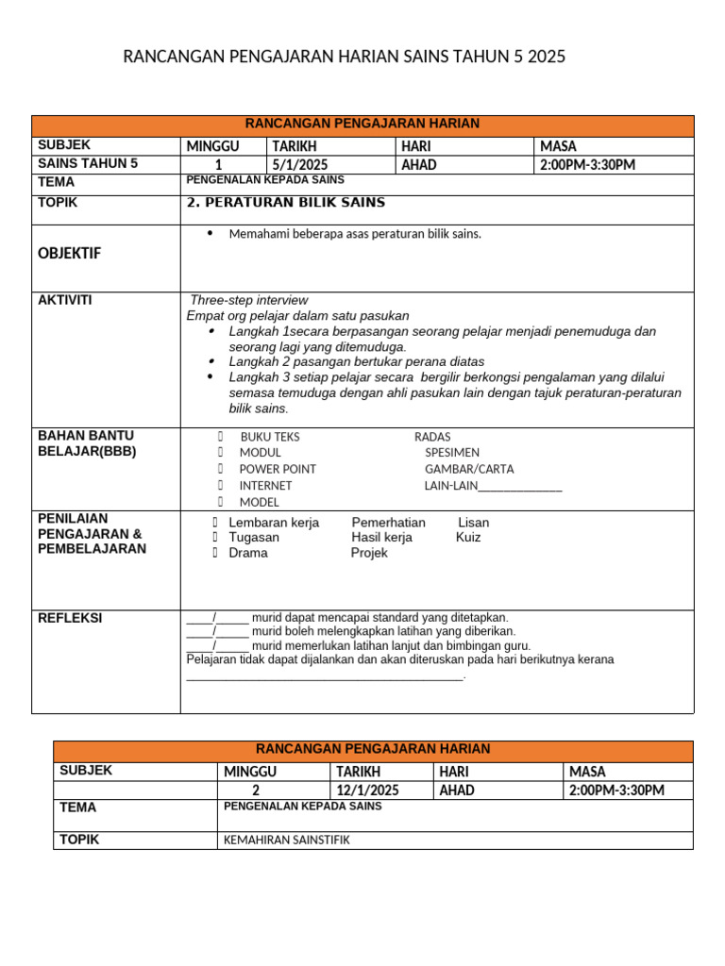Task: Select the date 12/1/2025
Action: pos(367,790)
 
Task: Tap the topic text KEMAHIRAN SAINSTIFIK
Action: pos(286,840)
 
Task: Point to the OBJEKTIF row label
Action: pos(69,254)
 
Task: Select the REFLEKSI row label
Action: pos(70,618)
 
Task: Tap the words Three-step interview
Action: pos(249,300)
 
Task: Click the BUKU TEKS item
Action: pos(270,437)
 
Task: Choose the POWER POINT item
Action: pos(278,469)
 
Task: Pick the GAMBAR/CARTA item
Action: pos(463,469)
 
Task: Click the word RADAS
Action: pos(432,437)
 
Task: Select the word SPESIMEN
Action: pos(452,453)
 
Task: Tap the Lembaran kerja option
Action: pos(274,523)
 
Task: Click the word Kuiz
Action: pos(468,538)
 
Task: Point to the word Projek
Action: pos(369,553)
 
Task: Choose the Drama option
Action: pos(248,553)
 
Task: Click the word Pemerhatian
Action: pos(388,523)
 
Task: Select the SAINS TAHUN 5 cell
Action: pos(88,164)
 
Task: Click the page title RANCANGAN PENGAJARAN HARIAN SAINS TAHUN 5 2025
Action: pos(345,57)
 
